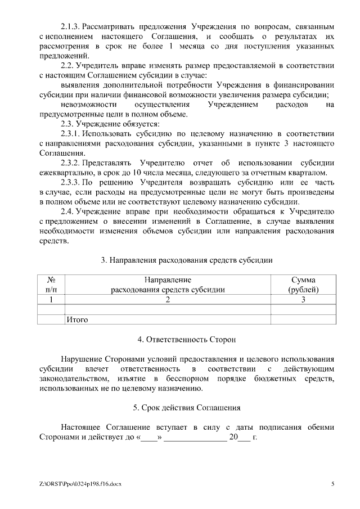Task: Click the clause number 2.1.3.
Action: point(71,26)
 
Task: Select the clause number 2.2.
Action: point(67,65)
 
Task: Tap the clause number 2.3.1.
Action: point(71,134)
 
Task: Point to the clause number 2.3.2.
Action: point(71,163)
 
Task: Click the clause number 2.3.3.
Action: point(71,182)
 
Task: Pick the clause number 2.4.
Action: point(67,211)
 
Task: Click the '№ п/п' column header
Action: point(51,285)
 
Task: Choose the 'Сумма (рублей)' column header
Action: point(303,285)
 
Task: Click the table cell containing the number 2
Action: point(168,300)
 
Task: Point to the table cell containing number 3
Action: point(303,300)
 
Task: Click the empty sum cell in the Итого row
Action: point(303,319)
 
